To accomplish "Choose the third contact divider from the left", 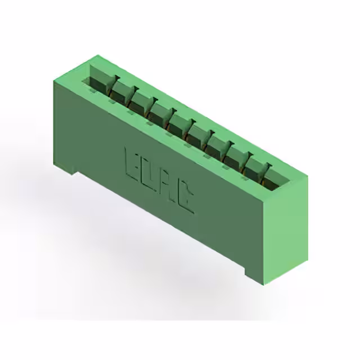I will (152, 104).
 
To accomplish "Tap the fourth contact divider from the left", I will (171, 115).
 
